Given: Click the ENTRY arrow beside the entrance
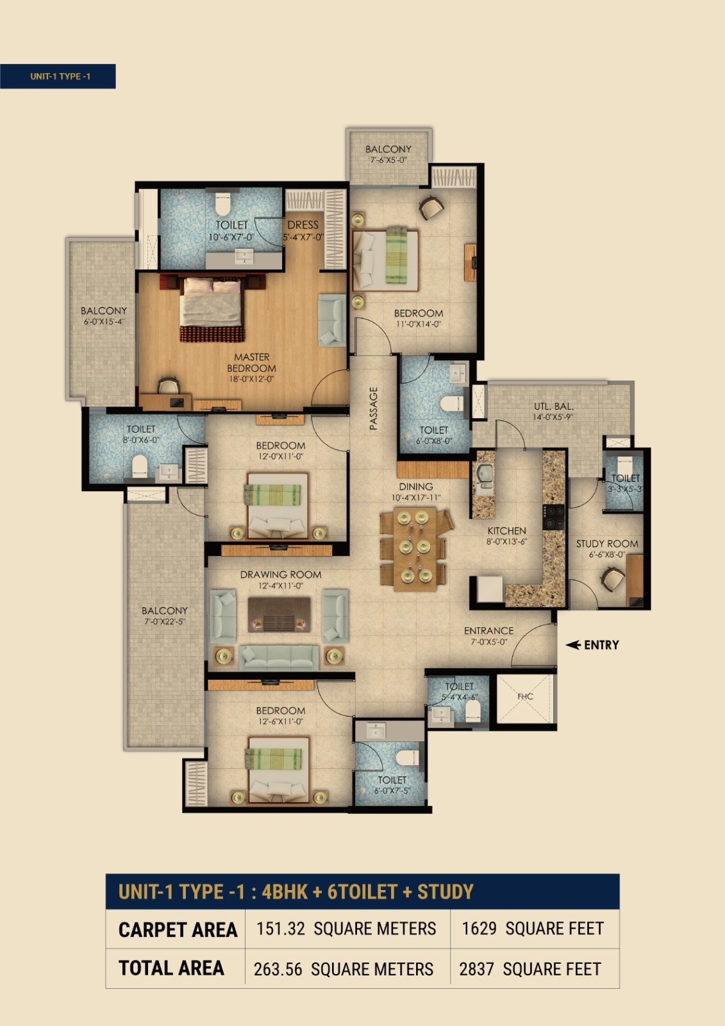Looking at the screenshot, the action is tap(573, 645).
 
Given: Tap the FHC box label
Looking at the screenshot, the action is tap(525, 696).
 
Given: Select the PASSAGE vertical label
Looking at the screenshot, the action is tap(374, 408).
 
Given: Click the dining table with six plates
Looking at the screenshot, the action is tap(413, 549).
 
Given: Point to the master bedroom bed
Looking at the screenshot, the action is tap(212, 307).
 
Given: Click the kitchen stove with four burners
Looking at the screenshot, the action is tap(553, 517).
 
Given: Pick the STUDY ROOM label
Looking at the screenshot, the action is tap(607, 544).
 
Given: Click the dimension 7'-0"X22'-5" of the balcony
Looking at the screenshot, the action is tap(164, 621).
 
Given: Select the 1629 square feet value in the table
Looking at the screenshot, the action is tap(533, 929).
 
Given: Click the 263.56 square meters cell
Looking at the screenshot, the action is tap(344, 969).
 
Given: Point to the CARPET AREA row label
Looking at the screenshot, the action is tap(178, 930).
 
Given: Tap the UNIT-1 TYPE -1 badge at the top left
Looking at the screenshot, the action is tap(58, 76).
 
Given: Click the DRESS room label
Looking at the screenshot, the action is tap(303, 225).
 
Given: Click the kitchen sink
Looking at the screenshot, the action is tap(484, 474).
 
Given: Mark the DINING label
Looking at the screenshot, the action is tap(416, 487).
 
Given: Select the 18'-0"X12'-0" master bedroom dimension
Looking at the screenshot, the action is tap(251, 379).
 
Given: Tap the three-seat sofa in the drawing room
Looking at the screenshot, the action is tap(279, 658).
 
